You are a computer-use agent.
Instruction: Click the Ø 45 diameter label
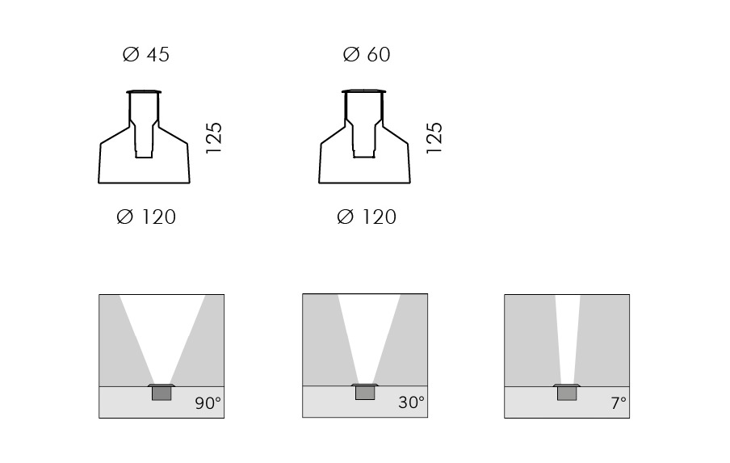145,54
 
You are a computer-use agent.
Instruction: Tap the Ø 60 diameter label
367,54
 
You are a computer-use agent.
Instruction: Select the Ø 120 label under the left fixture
146,217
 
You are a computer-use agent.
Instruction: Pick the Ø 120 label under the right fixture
367,217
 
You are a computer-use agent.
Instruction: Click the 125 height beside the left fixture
214,138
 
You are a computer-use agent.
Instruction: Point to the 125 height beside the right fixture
434,138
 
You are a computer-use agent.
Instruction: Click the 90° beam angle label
208,403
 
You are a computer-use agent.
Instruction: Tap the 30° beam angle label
412,402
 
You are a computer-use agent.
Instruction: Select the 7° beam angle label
619,403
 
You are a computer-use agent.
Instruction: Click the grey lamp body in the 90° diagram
162,394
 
